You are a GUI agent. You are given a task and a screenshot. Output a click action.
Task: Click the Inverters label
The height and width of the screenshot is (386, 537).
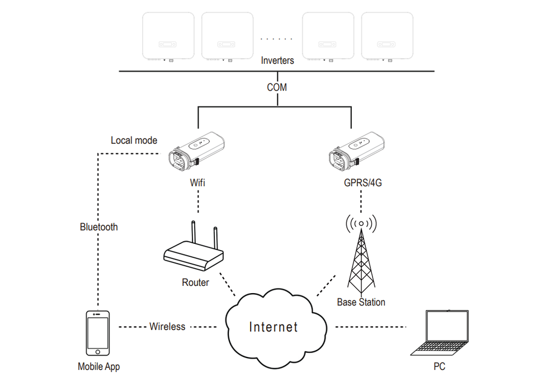[x=277, y=60]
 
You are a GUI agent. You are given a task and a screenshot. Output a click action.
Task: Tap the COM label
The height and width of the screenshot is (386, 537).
[x=277, y=88]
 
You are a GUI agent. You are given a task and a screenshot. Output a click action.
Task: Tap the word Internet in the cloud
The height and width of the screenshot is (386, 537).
[x=273, y=327]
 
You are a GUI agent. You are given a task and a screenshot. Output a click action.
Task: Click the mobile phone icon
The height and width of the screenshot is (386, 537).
[x=98, y=333]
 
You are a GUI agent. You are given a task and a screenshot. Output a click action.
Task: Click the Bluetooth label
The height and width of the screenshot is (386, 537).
[x=99, y=227]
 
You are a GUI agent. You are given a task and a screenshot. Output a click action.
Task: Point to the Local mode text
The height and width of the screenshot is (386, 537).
[x=134, y=140]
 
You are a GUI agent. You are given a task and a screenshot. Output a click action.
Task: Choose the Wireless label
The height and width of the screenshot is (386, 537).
[x=167, y=327]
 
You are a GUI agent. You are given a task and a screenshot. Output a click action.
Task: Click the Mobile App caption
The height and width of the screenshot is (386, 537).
[x=98, y=367]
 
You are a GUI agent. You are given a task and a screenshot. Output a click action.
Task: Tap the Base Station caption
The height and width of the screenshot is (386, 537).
[x=361, y=302]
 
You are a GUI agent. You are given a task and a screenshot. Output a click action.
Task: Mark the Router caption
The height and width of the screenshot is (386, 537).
[x=195, y=283]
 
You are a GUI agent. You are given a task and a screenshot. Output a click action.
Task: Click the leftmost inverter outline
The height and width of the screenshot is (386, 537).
[x=168, y=36]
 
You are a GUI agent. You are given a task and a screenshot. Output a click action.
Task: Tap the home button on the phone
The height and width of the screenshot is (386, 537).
[x=98, y=352]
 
